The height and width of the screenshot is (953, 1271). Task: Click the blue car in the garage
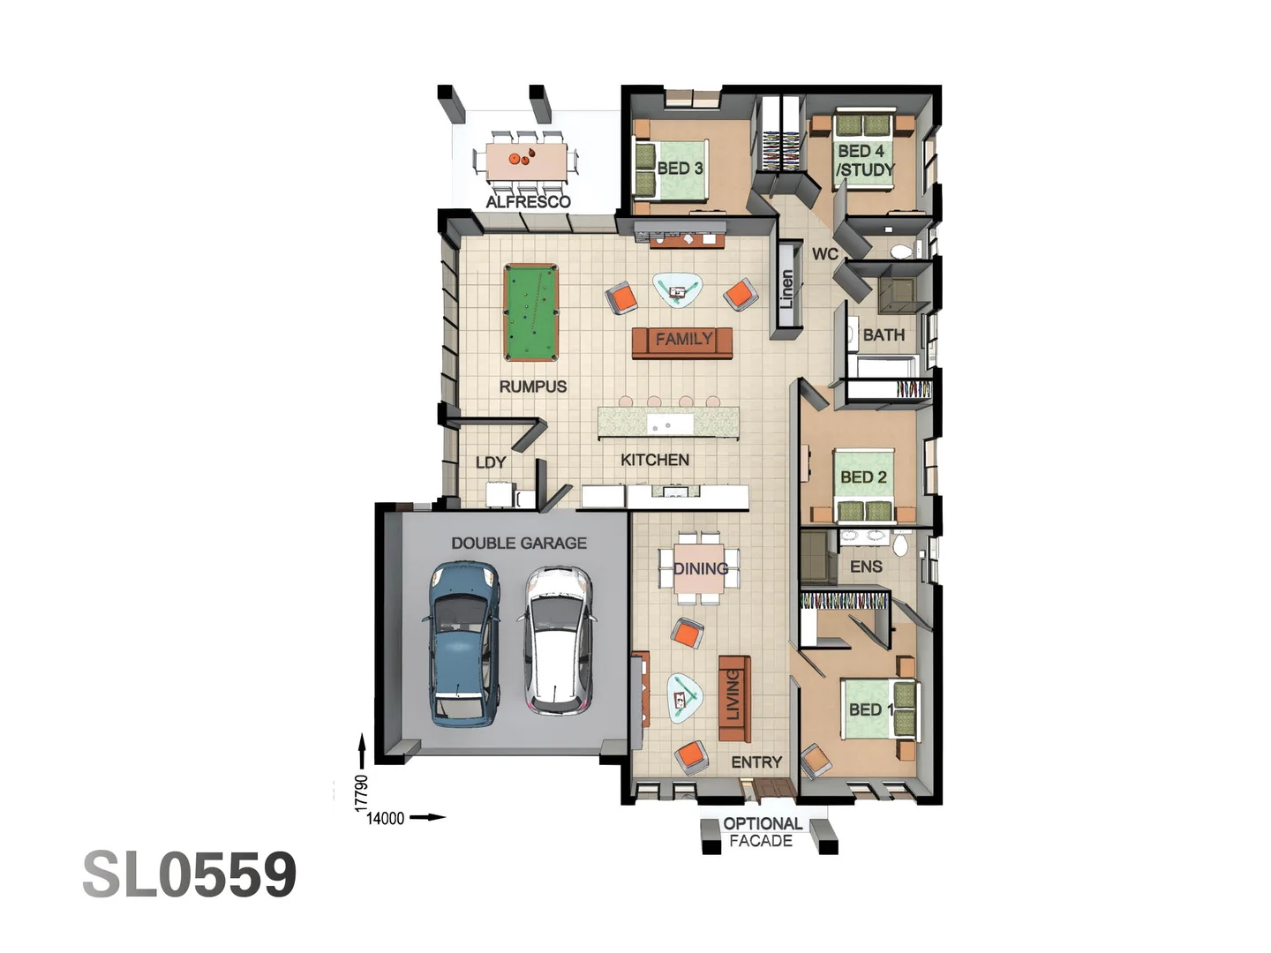[x=463, y=643]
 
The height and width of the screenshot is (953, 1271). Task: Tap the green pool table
[x=530, y=312]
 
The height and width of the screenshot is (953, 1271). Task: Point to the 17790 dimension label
[x=360, y=792]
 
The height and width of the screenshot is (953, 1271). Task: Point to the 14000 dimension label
[x=385, y=818]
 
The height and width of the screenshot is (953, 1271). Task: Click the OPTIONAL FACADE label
[x=762, y=832]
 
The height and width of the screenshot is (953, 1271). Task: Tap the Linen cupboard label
[x=786, y=289]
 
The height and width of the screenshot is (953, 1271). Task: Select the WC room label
[x=824, y=254]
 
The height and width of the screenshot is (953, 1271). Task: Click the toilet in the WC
[x=900, y=251]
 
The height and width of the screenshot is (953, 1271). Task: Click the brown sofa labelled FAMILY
[x=682, y=341]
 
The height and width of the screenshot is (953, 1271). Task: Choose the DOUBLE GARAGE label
[x=518, y=544]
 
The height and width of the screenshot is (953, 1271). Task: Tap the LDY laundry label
[x=491, y=462]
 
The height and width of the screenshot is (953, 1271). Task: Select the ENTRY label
[x=756, y=762]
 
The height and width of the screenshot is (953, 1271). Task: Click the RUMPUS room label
[x=532, y=386]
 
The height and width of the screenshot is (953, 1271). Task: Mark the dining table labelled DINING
[x=700, y=568]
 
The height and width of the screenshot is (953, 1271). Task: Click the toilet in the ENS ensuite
[x=899, y=544]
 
